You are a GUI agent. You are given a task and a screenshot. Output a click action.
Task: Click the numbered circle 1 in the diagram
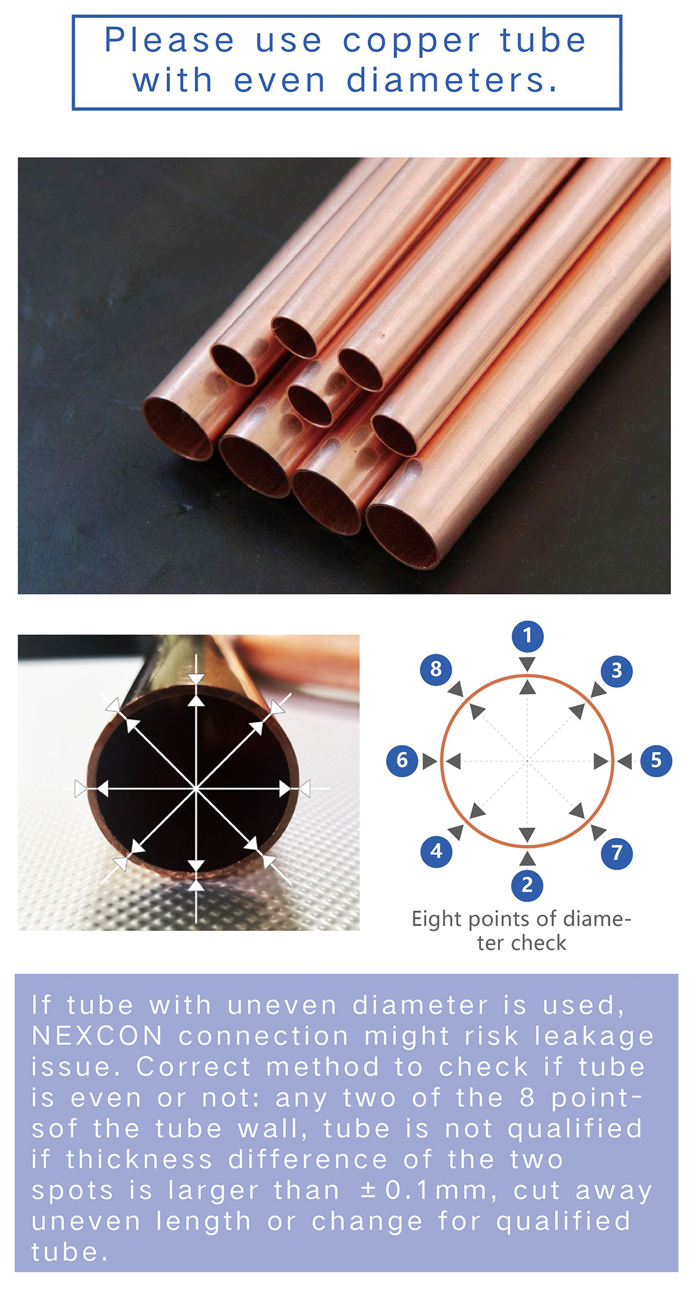[x=527, y=636]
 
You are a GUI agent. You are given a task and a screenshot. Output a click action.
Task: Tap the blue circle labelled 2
[x=527, y=885]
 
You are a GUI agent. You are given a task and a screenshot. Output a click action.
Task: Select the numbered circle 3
[x=617, y=671]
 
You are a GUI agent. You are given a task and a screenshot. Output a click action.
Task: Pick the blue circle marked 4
[x=437, y=851]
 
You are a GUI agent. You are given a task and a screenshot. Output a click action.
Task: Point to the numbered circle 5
[x=656, y=760]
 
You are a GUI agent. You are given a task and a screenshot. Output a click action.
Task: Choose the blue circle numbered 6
[x=403, y=760]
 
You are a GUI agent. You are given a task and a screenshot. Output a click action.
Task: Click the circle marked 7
[x=617, y=853]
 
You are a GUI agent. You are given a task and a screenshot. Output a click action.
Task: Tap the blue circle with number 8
[x=436, y=669]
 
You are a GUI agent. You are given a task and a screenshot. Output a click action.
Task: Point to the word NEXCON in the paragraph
[x=97, y=1036]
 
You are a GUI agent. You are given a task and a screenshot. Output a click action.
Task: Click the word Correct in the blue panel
[x=194, y=1067]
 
